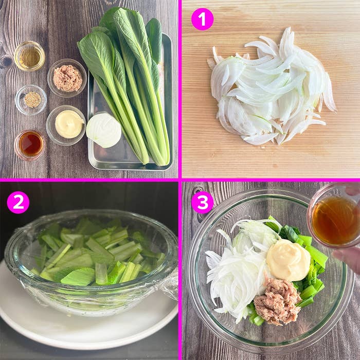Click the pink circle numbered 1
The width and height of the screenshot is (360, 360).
202,19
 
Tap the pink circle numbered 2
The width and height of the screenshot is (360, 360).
18,202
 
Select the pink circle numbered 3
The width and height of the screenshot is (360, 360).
202,202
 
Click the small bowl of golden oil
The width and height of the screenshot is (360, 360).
29,56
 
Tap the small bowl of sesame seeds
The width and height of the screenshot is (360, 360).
31,99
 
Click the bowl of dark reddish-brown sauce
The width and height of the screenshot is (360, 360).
30,144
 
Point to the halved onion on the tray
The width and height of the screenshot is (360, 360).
103,130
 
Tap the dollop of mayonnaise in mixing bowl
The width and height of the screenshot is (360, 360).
288,260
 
